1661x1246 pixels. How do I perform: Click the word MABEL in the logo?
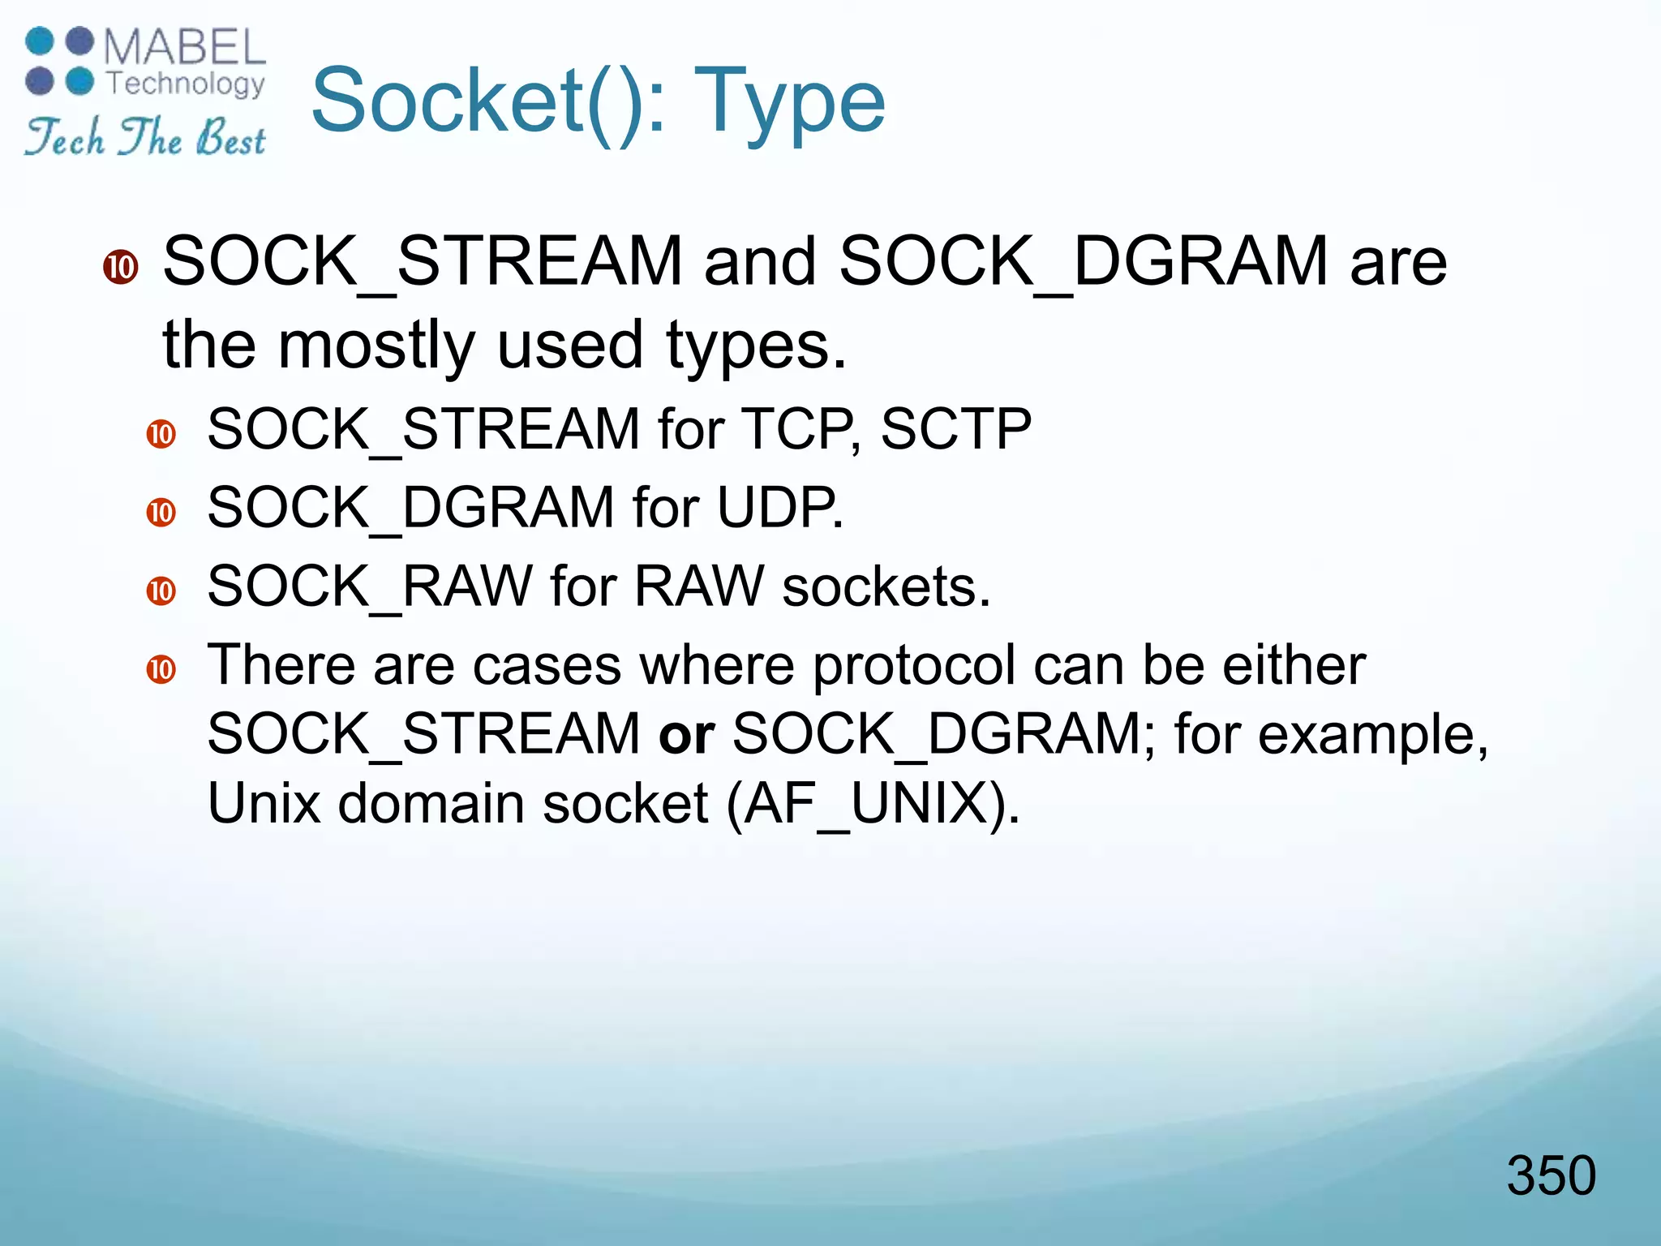184,47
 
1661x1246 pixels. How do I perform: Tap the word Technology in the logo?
186,83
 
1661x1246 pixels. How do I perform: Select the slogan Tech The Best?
145,136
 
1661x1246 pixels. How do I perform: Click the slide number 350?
1550,1175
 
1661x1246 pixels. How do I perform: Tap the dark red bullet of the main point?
121,267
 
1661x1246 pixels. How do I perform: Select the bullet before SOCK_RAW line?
161,591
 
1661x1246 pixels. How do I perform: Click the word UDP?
779,508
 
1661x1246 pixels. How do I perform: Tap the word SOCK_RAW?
370,586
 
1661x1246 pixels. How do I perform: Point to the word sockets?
886,586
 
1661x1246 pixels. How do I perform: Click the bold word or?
686,734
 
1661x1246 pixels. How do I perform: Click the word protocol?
914,665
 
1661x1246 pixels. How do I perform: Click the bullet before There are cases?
161,669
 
